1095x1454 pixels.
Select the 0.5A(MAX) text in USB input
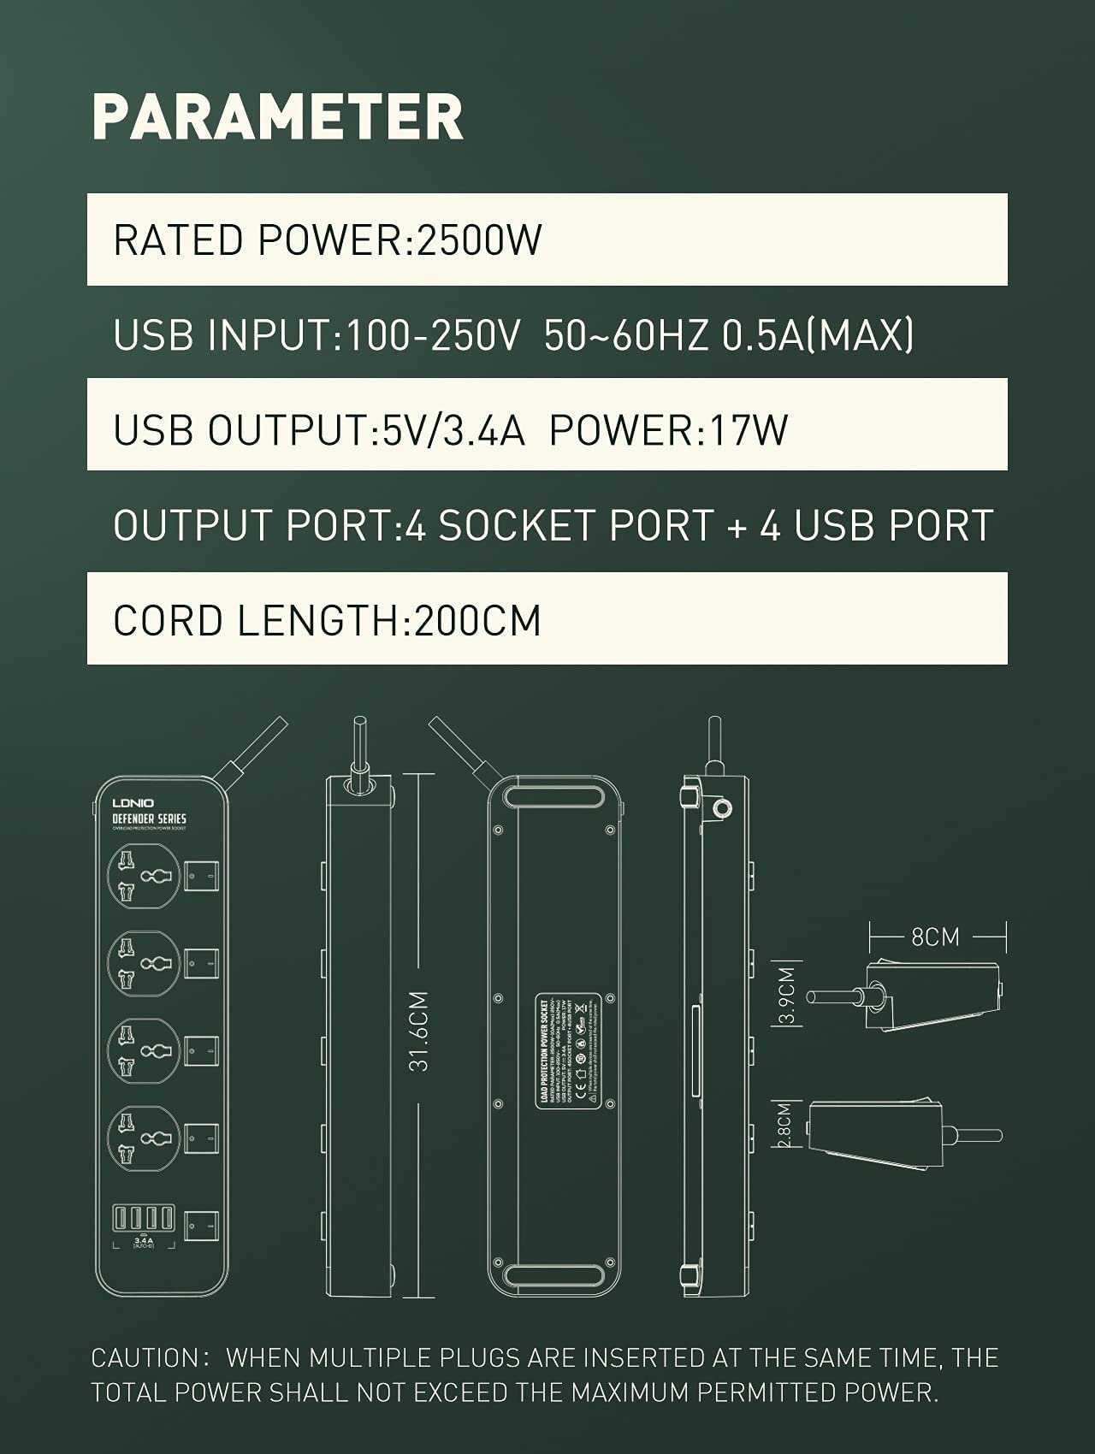tap(818, 334)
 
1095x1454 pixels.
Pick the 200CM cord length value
tap(477, 620)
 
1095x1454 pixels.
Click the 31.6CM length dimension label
tap(418, 1031)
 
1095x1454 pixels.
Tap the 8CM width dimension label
tap(935, 937)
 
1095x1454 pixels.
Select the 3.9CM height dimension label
tap(788, 994)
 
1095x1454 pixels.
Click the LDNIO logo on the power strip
tap(133, 803)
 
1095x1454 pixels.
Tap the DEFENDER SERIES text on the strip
tap(149, 819)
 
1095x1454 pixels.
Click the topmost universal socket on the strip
tap(145, 876)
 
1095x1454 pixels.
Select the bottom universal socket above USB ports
tap(145, 1138)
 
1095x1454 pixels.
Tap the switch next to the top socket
tap(202, 876)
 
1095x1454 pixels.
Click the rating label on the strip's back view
tap(569, 1050)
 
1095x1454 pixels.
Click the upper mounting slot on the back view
tap(553, 797)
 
